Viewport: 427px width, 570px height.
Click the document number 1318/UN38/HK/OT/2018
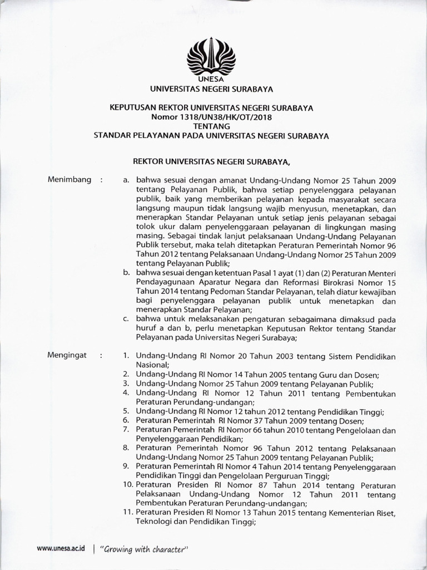coord(224,117)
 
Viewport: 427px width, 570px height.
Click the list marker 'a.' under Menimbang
coord(127,180)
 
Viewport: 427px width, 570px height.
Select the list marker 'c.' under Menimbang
coord(127,320)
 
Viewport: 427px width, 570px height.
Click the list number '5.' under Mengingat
coord(126,411)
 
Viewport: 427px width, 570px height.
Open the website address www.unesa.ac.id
coord(61,548)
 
